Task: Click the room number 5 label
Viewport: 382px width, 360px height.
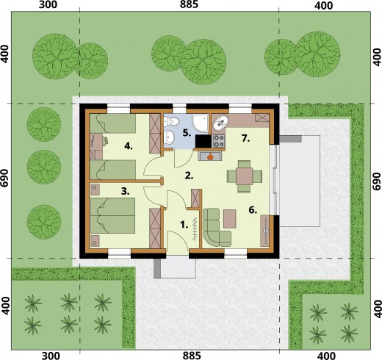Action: [x=187, y=133]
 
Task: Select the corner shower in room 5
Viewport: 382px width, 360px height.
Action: [x=200, y=123]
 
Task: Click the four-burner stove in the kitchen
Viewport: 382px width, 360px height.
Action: [x=218, y=141]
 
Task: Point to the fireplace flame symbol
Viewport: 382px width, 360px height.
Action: [x=209, y=156]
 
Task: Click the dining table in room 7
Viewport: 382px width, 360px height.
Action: [x=244, y=176]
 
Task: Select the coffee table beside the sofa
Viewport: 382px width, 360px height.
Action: [x=230, y=218]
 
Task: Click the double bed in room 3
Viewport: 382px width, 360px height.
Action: [x=112, y=215]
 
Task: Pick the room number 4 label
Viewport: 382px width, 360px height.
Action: [x=129, y=147]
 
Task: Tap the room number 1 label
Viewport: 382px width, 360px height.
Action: [x=184, y=225]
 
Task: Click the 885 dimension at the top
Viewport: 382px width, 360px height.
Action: [x=189, y=4]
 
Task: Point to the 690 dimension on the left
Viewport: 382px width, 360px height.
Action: [x=5, y=181]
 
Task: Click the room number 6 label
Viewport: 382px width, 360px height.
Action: [x=253, y=210]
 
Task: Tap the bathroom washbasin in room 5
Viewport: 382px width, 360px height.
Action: [x=170, y=137]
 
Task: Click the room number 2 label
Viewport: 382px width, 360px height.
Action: [x=189, y=176]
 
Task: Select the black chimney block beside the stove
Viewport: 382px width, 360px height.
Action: [x=203, y=141]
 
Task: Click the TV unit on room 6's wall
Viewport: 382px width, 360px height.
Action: [x=265, y=231]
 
